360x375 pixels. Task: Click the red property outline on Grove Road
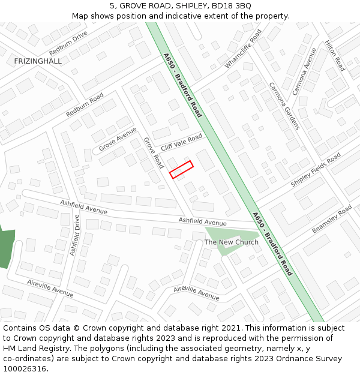181,170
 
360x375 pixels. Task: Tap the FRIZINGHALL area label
38,61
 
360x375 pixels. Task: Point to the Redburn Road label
85,104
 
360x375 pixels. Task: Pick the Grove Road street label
154,152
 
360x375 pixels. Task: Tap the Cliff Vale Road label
182,143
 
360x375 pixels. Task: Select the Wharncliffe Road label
243,50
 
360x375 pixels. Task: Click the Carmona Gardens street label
283,106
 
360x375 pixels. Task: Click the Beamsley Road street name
332,219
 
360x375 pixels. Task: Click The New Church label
232,242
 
